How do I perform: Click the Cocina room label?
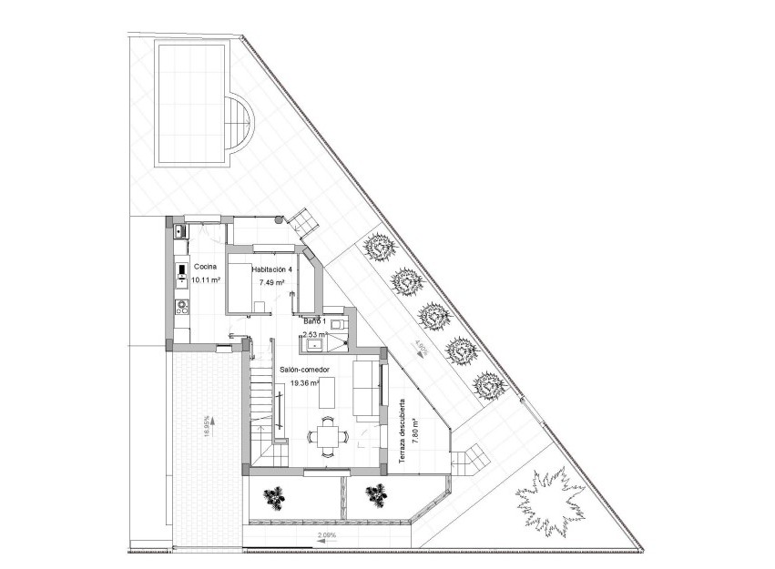click(204, 267)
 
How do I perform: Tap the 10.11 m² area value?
click(206, 280)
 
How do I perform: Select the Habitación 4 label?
click(272, 269)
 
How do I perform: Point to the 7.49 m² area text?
click(272, 283)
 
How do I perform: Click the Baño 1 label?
click(315, 322)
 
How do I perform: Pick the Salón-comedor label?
click(304, 371)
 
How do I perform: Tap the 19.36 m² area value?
click(304, 384)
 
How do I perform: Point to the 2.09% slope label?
click(326, 535)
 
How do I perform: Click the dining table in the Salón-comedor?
click(327, 435)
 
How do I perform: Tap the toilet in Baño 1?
click(337, 323)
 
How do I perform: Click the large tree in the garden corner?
click(552, 501)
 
